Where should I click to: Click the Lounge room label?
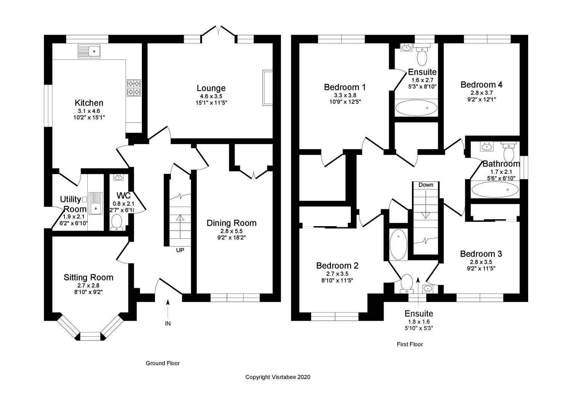tap(211, 88)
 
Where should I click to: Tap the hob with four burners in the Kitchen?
tap(133, 87)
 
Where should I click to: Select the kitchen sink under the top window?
tap(89, 51)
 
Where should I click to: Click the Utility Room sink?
tap(95, 207)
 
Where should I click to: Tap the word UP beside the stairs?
tap(180, 250)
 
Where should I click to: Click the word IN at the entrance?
tap(168, 324)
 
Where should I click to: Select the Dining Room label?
tap(231, 223)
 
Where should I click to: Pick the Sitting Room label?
tap(88, 278)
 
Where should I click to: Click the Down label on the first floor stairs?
tap(426, 185)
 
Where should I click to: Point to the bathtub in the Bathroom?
tap(495, 189)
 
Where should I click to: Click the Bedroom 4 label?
tap(481, 85)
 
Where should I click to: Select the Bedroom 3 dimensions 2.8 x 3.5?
tap(481, 262)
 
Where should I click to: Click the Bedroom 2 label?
tap(337, 266)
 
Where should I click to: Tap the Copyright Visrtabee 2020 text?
tap(278, 377)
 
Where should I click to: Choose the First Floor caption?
tap(410, 344)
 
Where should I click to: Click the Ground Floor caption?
tap(163, 363)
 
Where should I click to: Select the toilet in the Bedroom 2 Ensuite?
tap(407, 283)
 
